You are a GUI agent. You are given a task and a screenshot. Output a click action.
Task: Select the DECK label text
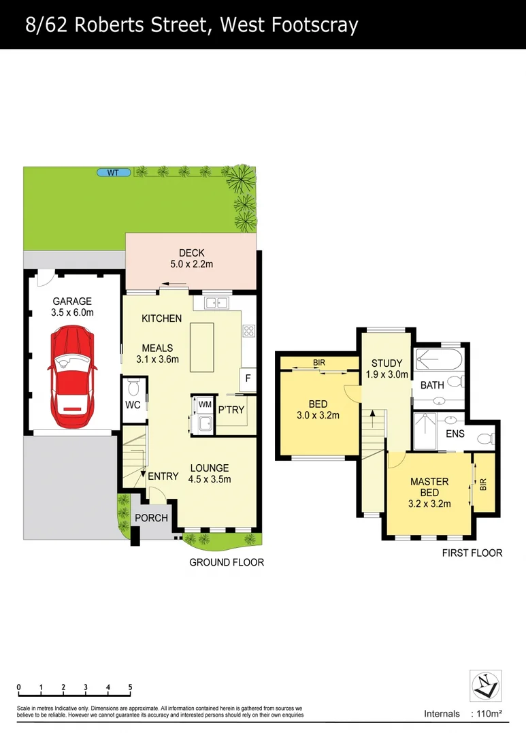pyautogui.click(x=191, y=253)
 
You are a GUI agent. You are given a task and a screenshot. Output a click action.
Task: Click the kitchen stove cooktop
pyautogui.click(x=248, y=331)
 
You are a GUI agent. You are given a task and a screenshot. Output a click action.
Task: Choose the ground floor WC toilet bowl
pyautogui.click(x=134, y=388)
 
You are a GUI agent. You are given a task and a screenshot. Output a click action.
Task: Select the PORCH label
pyautogui.click(x=151, y=518)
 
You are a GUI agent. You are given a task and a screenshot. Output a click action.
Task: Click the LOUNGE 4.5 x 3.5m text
pyautogui.click(x=210, y=474)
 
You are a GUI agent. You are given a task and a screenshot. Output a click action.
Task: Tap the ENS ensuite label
pyautogui.click(x=455, y=433)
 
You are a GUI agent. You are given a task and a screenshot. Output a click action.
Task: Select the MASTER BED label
pyautogui.click(x=429, y=487)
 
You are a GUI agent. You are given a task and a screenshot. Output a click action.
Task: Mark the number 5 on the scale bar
pyautogui.click(x=130, y=687)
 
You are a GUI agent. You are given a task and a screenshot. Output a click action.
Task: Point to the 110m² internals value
pyautogui.click(x=486, y=714)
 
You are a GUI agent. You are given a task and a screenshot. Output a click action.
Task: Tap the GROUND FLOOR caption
pyautogui.click(x=227, y=562)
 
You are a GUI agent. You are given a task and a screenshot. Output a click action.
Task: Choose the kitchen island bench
pyautogui.click(x=201, y=347)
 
